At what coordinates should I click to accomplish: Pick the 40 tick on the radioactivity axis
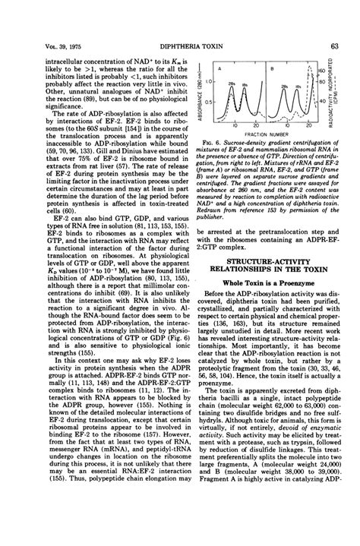(x=328, y=100)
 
